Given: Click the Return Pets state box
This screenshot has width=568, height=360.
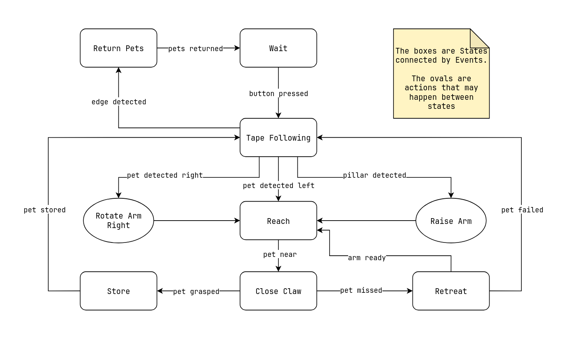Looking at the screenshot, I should coord(118,48).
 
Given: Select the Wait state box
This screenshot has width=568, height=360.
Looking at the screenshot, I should coord(278,48).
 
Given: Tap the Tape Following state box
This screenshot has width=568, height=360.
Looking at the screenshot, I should coord(278,137).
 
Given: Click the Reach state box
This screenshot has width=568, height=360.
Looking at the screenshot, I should coord(278,221).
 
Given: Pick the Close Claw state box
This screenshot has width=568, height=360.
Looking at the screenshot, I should coord(278,291).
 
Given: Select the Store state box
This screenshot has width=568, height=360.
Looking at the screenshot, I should coord(118,291).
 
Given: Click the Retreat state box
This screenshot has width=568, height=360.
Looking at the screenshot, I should coord(450,291).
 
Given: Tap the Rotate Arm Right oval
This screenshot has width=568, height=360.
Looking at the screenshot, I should coord(118,221).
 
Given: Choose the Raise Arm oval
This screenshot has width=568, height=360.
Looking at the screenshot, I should coord(450,221).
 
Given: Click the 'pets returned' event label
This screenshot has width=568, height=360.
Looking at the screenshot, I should coord(196,49).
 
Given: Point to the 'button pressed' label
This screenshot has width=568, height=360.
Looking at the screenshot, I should coord(278,94).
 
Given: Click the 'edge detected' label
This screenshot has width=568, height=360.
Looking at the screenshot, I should coord(119,102).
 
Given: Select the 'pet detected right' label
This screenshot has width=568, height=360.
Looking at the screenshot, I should coord(165,175).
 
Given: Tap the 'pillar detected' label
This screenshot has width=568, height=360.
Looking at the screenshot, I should coord(375,175).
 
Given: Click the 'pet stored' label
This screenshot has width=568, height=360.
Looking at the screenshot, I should coord(45,210).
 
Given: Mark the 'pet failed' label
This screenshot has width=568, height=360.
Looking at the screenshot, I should coord(522,210).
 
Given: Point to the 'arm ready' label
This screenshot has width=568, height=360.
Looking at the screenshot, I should coord(367,258).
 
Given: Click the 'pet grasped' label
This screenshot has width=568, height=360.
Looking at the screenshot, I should coord(196,292).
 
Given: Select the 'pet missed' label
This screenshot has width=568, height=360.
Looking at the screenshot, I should coord(361,290).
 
